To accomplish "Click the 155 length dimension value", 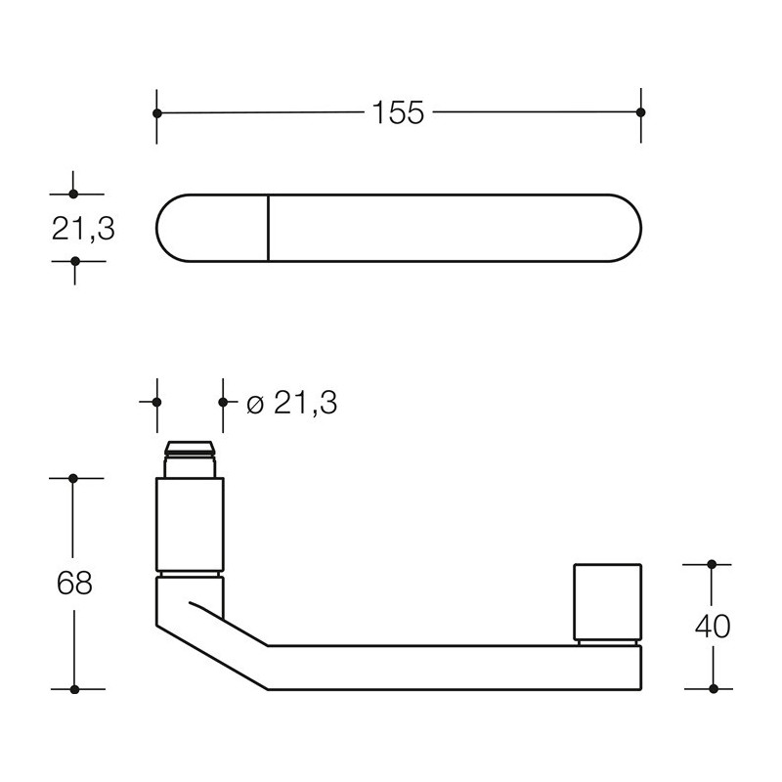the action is [398, 112].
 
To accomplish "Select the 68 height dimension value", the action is [74, 583].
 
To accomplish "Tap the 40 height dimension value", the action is [713, 627].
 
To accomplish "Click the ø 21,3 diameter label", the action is [291, 403].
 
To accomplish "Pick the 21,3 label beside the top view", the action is [83, 229].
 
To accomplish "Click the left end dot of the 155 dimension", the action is [157, 113].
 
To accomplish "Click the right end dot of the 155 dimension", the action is [641, 112].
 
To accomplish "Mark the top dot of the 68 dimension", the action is [73, 478].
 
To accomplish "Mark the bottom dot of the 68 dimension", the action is [75, 689].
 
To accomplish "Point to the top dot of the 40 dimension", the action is [712, 564].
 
